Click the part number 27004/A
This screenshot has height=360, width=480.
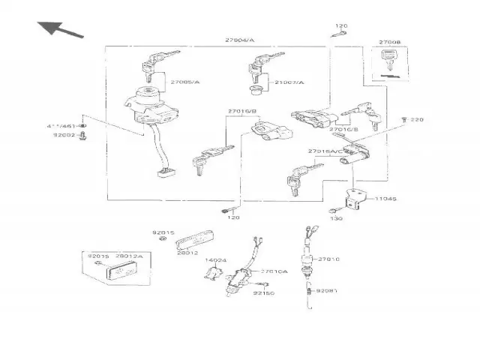click(239, 40)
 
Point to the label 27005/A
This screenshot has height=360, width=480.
click(184, 81)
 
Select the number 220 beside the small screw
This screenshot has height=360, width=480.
click(417, 120)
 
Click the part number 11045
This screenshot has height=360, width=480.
click(385, 199)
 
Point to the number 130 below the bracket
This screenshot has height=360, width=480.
click(336, 218)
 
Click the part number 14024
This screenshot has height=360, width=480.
click(216, 260)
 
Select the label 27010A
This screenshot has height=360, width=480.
click(274, 271)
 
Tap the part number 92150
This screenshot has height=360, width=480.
click(263, 294)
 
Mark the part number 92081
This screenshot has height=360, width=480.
click(327, 289)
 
